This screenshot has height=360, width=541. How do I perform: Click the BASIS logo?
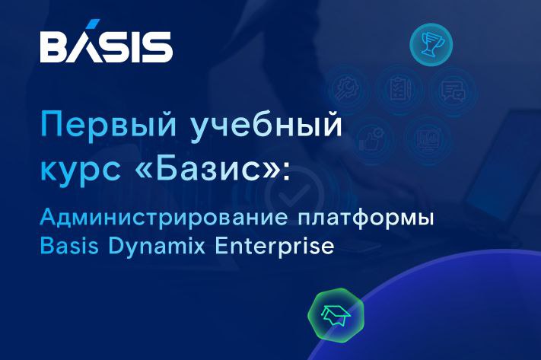point(106,48)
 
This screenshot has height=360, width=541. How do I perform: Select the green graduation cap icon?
point(333,311)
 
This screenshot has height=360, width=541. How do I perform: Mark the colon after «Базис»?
point(285,170)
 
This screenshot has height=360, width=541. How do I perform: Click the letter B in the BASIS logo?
point(54,48)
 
